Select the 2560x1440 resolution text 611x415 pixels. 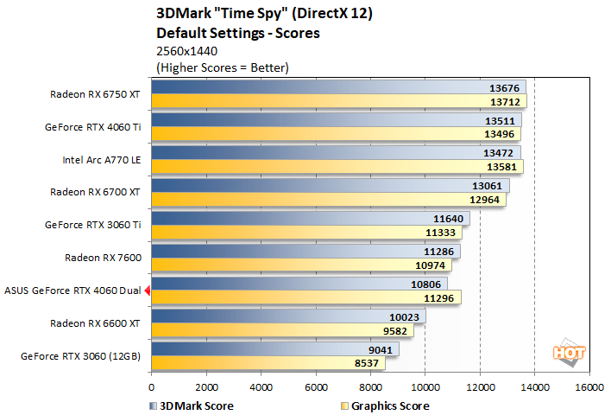tap(186, 51)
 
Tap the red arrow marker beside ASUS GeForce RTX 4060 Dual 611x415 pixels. tap(148, 290)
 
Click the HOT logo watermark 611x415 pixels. tap(566, 352)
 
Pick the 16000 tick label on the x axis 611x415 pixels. tap(589, 387)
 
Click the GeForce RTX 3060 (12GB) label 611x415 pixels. tap(92, 355)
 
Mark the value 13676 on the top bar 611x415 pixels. tap(504, 87)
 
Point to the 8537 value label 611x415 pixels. tap(367, 363)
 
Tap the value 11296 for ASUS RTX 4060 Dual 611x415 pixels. tap(442, 297)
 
